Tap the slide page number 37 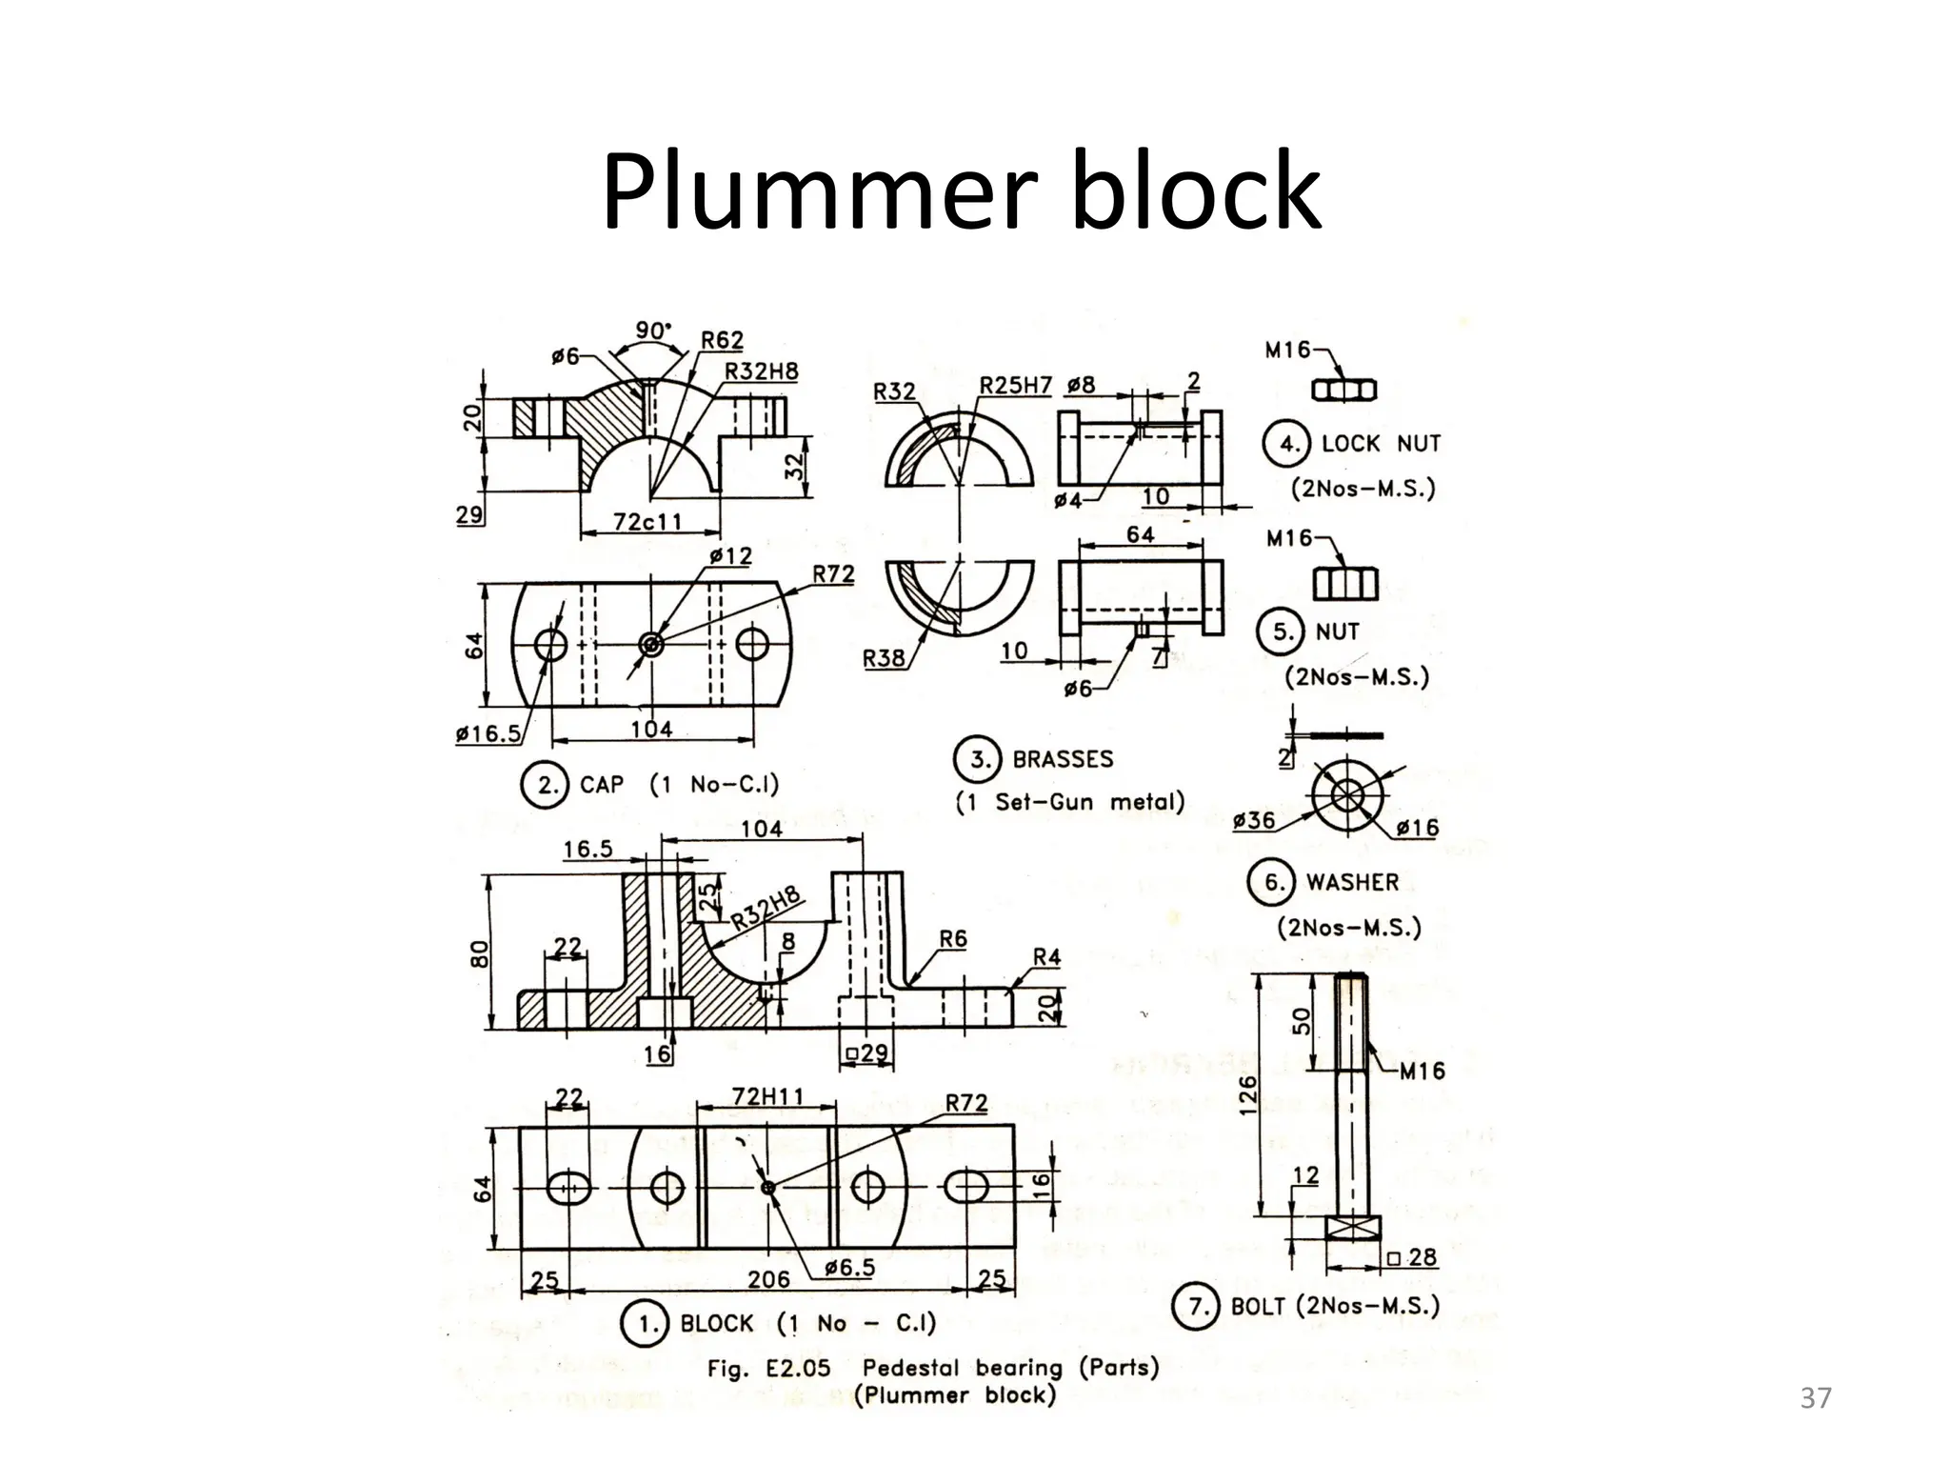pos(1816,1398)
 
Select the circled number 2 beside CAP pos(546,785)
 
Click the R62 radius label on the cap pos(722,341)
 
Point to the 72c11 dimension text pos(647,522)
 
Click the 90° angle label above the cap pos(653,331)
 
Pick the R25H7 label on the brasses pos(1015,386)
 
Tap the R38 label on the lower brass pos(883,658)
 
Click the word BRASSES pos(1063,760)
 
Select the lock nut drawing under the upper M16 pos(1344,390)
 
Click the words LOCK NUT pos(1381,444)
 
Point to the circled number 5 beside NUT pos(1283,631)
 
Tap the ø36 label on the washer pos(1253,820)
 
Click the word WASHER pos(1352,883)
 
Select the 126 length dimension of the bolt pos(1247,1094)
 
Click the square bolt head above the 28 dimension pos(1352,1229)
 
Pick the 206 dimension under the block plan pos(767,1279)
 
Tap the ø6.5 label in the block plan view pos(848,1268)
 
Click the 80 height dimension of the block pos(479,953)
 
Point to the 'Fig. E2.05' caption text pos(768,1369)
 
